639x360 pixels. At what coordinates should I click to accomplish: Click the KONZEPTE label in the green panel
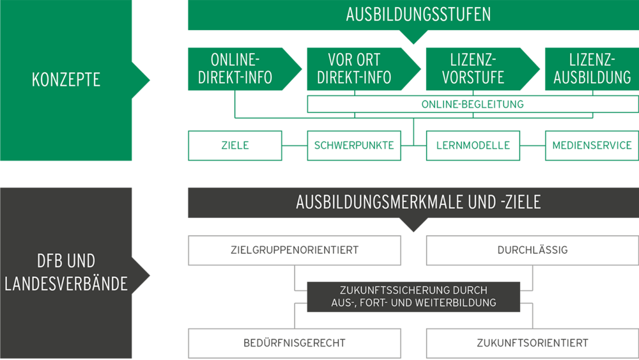tap(66, 80)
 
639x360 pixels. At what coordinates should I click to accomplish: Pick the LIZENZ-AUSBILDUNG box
tap(592, 69)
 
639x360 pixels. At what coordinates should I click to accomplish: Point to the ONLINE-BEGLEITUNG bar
tap(473, 104)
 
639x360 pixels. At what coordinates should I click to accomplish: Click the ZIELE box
tap(235, 146)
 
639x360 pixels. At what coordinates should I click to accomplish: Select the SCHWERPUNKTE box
tap(355, 146)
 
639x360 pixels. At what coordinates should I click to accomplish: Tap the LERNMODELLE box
tap(473, 146)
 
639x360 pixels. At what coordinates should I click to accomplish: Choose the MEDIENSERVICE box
tap(592, 146)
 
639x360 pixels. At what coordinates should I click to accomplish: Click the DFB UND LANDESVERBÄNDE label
tap(66, 272)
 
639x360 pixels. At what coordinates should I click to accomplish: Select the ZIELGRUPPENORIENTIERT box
tap(295, 250)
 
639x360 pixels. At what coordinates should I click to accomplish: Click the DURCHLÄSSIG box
tap(532, 250)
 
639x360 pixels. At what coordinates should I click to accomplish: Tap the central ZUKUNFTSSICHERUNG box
tap(413, 296)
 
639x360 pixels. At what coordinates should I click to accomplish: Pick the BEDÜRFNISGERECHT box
tap(295, 343)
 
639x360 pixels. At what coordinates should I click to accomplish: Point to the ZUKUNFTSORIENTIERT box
tap(532, 343)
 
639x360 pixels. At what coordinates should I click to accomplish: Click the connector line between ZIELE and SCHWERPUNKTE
tap(295, 146)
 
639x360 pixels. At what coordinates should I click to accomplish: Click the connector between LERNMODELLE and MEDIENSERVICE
tap(532, 146)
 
